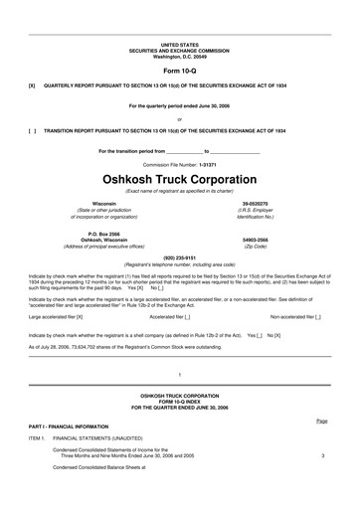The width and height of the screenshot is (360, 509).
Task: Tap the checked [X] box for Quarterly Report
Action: (x=33, y=85)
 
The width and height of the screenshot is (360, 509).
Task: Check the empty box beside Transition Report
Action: (x=33, y=129)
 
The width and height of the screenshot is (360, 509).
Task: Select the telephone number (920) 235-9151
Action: (x=180, y=255)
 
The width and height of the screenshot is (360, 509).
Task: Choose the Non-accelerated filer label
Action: (x=289, y=316)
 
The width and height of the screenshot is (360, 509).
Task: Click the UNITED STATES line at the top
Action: (x=180, y=45)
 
